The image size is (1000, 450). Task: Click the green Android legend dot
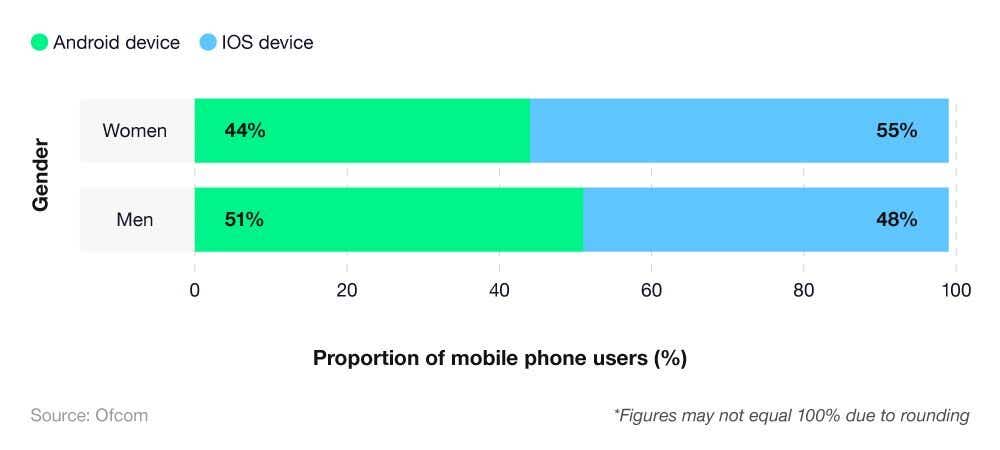tap(40, 43)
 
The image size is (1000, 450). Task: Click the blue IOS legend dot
tap(208, 43)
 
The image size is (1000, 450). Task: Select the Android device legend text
tap(116, 43)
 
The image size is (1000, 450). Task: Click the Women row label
tap(135, 131)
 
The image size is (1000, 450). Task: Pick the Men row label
tap(135, 220)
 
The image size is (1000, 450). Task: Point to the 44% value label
tap(245, 131)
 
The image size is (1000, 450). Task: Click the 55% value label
tap(896, 131)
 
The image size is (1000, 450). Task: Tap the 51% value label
tap(244, 220)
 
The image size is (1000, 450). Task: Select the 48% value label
tap(896, 220)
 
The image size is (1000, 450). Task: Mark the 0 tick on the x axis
tap(195, 291)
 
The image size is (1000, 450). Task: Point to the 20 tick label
tap(347, 291)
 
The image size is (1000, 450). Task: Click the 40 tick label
tap(499, 291)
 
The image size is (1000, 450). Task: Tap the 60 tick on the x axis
tap(651, 291)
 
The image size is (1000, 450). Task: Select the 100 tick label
tap(956, 291)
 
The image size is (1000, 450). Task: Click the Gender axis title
tap(41, 175)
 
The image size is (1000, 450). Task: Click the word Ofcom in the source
tap(121, 415)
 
